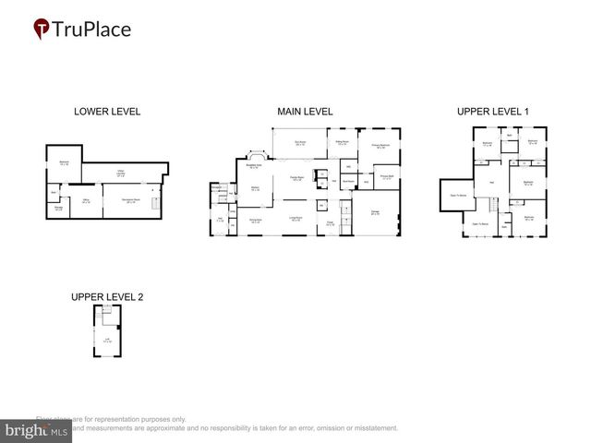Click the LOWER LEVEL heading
107,112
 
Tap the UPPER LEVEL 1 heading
493,112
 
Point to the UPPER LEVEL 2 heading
107,297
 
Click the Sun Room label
300,142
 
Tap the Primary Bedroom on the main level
379,146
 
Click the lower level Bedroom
64,163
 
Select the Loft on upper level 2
107,341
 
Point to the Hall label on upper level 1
492,181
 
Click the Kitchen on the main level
255,188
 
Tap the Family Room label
297,178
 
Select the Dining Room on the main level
256,221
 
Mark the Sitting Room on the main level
342,143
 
